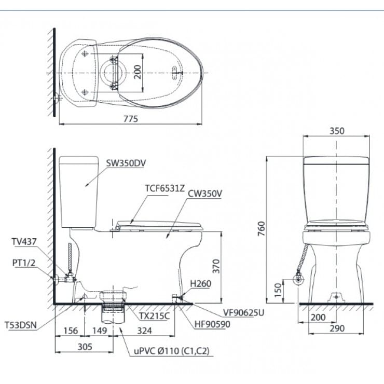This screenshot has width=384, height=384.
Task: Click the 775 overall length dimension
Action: [131, 119]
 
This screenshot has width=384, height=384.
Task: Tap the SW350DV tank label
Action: [126, 163]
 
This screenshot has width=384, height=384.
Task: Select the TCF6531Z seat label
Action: [165, 188]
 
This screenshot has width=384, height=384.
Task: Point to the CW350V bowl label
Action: [205, 194]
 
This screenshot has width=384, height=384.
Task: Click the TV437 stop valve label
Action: [24, 242]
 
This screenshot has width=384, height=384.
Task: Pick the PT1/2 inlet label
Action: [24, 263]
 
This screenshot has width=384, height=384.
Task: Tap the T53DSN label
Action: [21, 325]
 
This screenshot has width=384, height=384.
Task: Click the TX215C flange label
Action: [155, 316]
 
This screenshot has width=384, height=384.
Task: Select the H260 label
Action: [201, 284]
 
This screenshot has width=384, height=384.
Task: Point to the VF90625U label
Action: [244, 312]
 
